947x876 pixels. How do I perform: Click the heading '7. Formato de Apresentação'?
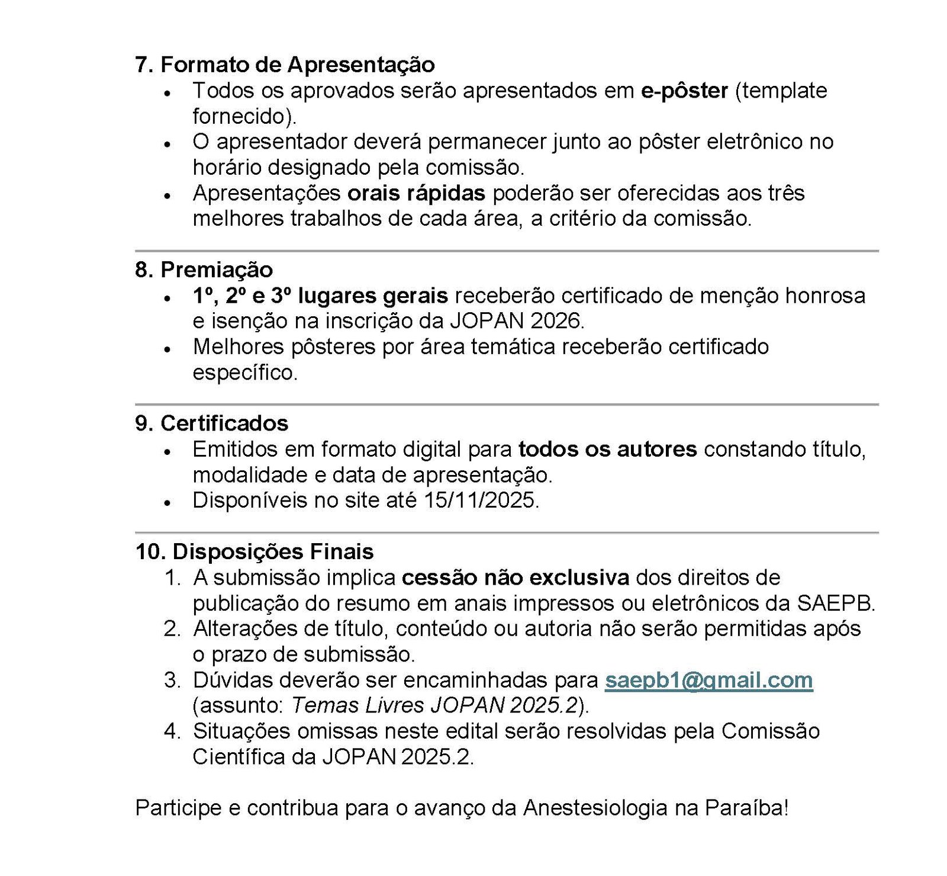coord(285,65)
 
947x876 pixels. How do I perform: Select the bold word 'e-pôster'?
coord(684,91)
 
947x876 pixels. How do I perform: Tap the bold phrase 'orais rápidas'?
coord(416,193)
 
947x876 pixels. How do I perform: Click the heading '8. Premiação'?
coord(204,269)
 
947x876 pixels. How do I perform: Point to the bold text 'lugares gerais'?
coord(373,296)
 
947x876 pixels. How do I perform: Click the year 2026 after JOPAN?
coord(555,321)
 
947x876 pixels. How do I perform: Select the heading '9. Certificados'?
coord(211,423)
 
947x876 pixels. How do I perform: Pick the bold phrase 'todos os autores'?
coord(607,450)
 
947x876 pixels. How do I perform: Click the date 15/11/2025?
coord(480,500)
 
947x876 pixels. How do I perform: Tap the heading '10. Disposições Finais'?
coord(255,552)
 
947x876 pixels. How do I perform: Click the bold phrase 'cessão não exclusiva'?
coord(515,577)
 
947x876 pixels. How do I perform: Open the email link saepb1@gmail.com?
coord(708,680)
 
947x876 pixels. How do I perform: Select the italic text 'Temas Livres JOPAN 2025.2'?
coord(434,705)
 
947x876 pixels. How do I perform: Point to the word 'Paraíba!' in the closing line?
coord(746,808)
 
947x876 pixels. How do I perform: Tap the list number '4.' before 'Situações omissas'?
coord(172,731)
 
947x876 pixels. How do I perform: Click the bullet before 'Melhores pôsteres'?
coord(168,349)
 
